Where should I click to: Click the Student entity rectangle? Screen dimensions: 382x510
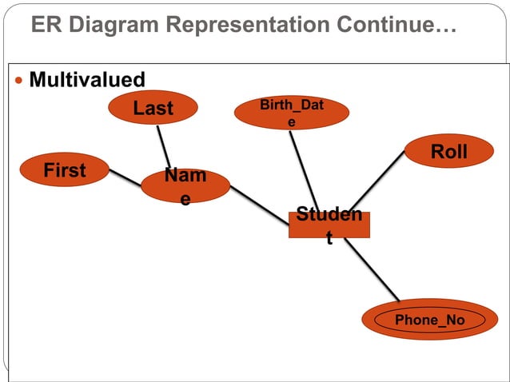(329, 225)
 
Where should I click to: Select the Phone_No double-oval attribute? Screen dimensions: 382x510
(429, 320)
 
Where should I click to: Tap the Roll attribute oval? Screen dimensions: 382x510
(448, 152)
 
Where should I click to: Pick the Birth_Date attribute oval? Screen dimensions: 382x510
(291, 113)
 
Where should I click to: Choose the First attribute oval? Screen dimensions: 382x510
(65, 170)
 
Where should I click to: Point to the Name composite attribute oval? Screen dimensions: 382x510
(185, 187)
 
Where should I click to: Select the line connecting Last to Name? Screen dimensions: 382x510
(164, 146)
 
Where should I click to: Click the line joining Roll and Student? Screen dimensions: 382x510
(380, 183)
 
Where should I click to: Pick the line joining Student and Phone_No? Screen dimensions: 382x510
(373, 271)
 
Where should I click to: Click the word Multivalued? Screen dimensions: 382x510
(87, 80)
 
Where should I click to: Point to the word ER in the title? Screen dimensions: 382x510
(45, 26)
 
